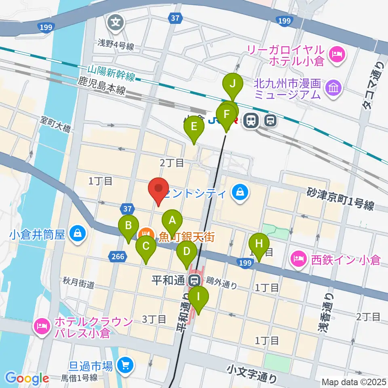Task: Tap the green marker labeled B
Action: click(x=129, y=225)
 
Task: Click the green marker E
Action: click(x=194, y=127)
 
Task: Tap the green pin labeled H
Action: click(x=259, y=244)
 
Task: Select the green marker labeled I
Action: click(x=198, y=296)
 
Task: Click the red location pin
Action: click(x=158, y=189)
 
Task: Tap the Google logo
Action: click(x=27, y=378)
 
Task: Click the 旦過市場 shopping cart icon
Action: click(x=124, y=366)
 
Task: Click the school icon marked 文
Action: click(x=116, y=21)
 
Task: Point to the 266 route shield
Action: click(x=118, y=255)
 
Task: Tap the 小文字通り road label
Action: click(x=252, y=373)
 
